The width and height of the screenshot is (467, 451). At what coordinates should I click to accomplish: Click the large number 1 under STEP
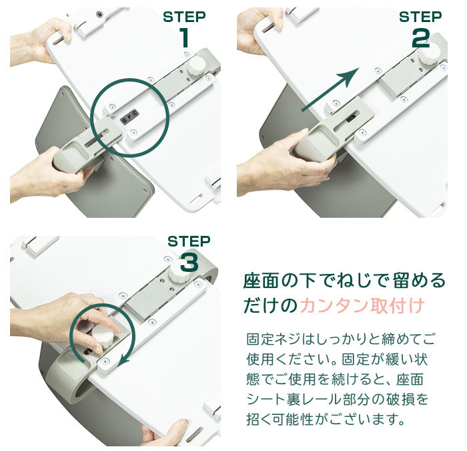pyautogui.click(x=185, y=37)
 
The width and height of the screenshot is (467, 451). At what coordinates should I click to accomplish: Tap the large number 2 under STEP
pyautogui.click(x=420, y=39)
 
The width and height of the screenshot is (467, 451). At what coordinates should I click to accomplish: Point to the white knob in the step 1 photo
pyautogui.click(x=195, y=67)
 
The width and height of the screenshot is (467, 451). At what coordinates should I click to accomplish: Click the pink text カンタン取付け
pyautogui.click(x=362, y=305)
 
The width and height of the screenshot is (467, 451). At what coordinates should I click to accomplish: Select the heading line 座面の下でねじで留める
pyautogui.click(x=344, y=281)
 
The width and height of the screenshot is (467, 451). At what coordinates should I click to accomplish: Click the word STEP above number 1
pyautogui.click(x=184, y=17)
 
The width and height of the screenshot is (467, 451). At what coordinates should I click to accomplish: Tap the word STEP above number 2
pyautogui.click(x=420, y=17)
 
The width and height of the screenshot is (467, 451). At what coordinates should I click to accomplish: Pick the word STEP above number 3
pyautogui.click(x=189, y=241)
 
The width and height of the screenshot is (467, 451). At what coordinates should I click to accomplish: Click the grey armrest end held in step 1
pyautogui.click(x=70, y=156)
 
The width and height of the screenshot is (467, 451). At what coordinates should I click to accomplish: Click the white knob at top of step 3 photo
pyautogui.click(x=178, y=273)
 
